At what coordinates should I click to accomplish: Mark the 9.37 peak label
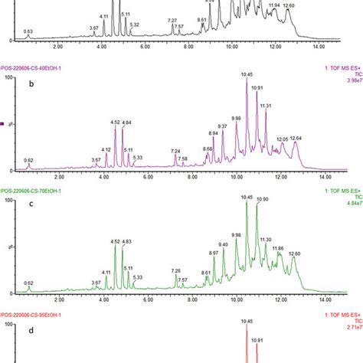point(222,126)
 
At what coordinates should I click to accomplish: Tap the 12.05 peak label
point(281,139)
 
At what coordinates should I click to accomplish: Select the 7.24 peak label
point(175,151)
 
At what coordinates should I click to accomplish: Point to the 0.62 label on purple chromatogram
point(28,160)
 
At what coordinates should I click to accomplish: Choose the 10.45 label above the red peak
point(247,322)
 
